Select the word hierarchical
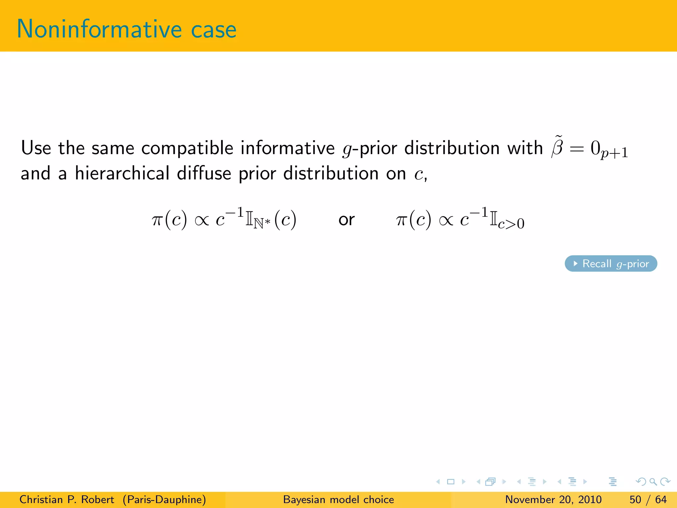122,173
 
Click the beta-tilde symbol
557,147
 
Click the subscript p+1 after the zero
614,153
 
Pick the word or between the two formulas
346,220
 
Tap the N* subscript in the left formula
262,223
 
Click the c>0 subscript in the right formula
511,224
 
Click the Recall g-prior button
611,264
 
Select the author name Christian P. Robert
67,499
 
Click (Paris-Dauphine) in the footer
164,499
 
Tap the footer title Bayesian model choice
338,499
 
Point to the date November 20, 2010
553,499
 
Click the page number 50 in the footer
635,499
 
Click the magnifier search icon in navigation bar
653,482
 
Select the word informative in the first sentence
288,148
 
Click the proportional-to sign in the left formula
202,220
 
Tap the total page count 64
661,499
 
